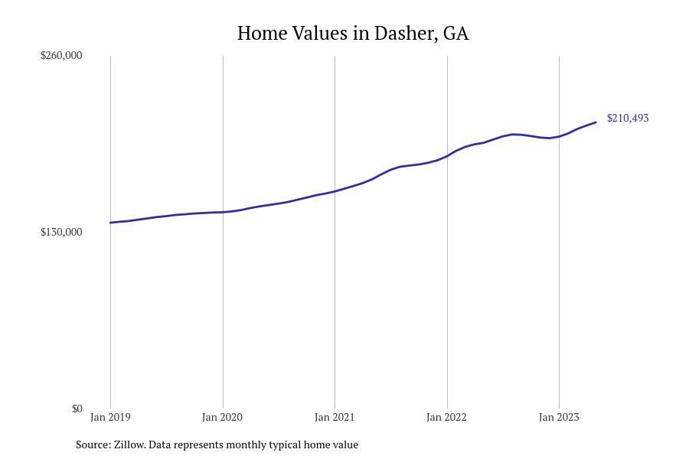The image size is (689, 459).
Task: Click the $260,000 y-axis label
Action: (61, 55)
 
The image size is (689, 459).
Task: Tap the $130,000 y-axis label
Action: (61, 232)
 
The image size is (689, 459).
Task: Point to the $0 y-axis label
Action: (77, 409)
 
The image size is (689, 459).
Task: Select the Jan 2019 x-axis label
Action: (110, 417)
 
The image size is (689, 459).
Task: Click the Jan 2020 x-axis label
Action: (222, 417)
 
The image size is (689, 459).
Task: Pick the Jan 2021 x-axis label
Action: (335, 417)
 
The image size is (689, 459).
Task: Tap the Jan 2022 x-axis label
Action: (446, 417)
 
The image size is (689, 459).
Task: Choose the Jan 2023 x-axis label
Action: (559, 417)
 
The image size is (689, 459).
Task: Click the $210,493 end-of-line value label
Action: (628, 118)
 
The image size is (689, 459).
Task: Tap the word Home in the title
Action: (261, 34)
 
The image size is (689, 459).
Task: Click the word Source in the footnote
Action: (93, 444)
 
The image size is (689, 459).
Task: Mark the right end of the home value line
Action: (596, 122)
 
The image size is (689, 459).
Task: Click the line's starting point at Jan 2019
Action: (110, 223)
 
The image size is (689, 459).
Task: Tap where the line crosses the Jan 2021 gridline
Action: (335, 190)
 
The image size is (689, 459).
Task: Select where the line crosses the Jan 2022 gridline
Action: (447, 156)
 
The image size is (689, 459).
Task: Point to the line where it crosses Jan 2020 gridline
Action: (223, 212)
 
